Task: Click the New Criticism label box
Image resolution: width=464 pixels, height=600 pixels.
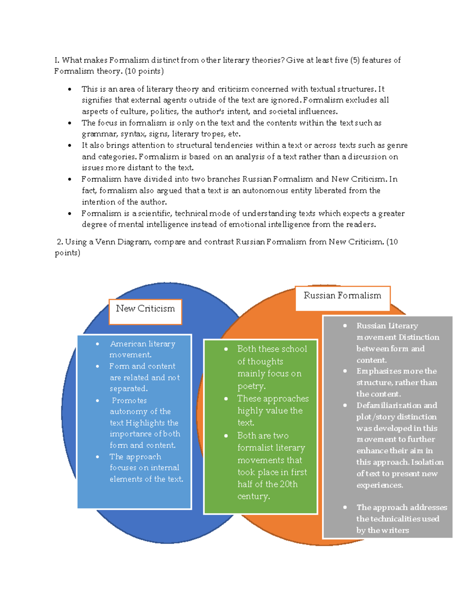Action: (145, 311)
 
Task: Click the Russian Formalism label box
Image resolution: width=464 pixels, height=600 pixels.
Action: (343, 298)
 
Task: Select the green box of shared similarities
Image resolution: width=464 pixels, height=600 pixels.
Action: (260, 427)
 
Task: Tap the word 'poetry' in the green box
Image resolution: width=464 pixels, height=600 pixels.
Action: (251, 386)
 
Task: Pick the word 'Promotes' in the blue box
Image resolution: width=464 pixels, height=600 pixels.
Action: (129, 400)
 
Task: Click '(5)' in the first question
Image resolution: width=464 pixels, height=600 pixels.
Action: (355, 60)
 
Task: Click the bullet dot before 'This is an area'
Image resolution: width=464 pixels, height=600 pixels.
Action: (70, 89)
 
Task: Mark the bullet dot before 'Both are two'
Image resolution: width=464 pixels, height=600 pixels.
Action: (226, 436)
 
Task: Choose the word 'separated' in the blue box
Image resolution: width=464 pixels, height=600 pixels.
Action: (128, 388)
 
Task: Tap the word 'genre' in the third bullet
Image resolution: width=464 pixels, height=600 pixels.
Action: (397, 145)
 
